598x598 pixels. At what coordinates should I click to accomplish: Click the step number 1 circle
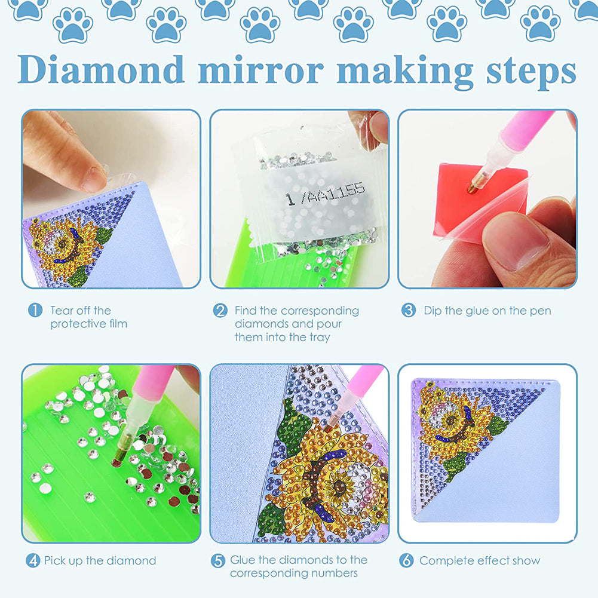(36, 311)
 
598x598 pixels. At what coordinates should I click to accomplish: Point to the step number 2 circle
(220, 311)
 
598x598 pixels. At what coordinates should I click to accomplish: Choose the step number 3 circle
(409, 311)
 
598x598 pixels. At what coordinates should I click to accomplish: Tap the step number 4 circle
(33, 561)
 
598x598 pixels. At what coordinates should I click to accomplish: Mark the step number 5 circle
(218, 560)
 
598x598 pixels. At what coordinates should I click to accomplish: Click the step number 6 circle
(407, 561)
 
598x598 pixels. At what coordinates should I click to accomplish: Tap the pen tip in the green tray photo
(116, 461)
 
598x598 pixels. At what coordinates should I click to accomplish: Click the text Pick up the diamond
(100, 561)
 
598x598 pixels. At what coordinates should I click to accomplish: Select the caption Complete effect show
(479, 561)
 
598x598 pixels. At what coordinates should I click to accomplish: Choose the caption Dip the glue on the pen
(487, 311)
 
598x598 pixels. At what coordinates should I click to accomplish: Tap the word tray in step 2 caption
(318, 337)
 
